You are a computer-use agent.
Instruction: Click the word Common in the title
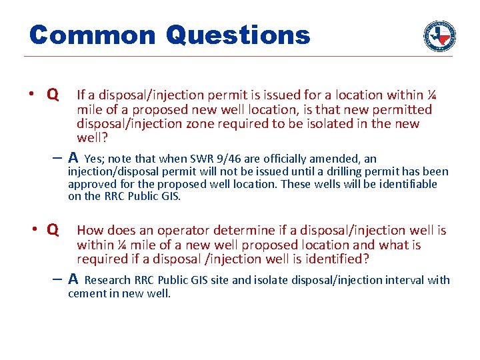point(92,35)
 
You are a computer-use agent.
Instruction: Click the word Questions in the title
point(238,35)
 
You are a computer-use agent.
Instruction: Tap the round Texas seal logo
point(440,35)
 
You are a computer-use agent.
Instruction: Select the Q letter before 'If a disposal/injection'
point(52,95)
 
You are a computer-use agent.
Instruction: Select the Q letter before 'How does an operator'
point(52,230)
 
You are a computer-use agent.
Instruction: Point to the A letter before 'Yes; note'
point(73,158)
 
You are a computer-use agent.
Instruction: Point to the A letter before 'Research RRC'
point(73,279)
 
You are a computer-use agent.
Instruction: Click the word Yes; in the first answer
point(95,159)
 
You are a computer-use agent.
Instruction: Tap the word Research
point(108,280)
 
